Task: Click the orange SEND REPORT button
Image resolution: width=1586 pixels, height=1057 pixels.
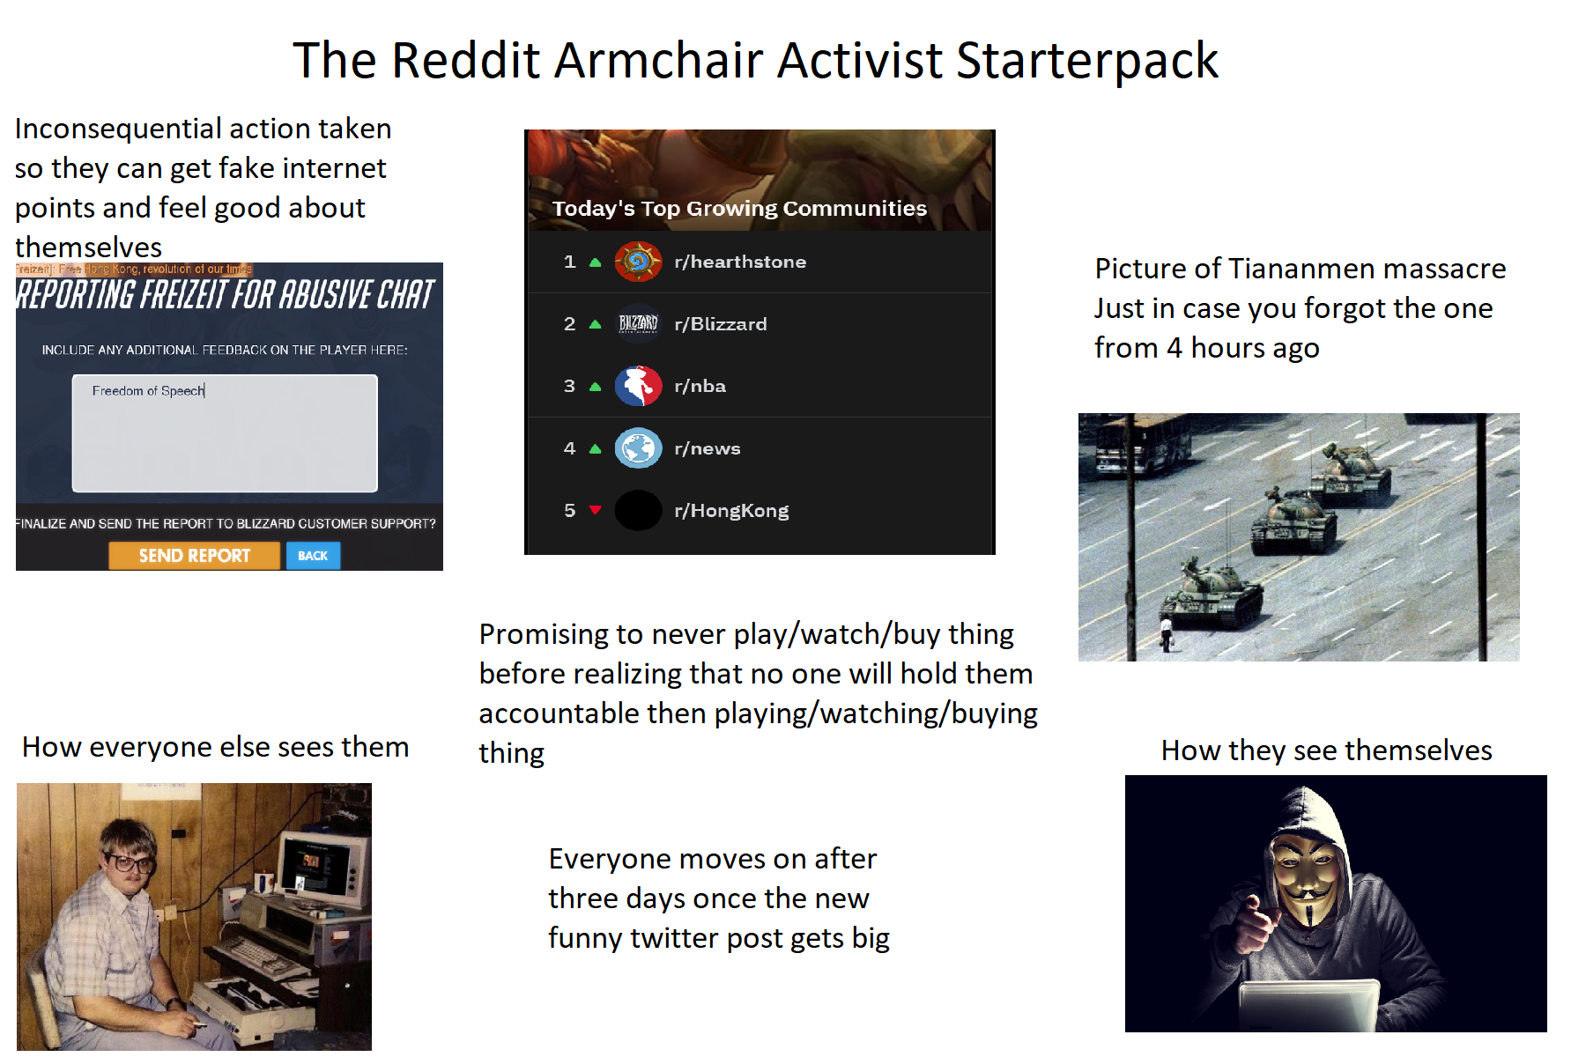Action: pos(194,556)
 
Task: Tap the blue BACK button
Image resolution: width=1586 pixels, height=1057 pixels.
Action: pos(313,556)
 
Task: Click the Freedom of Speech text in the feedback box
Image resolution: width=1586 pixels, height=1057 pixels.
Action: pos(148,391)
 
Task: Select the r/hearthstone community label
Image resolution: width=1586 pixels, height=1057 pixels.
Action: pos(740,262)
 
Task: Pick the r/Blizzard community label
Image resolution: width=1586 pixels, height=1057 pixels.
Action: pos(720,324)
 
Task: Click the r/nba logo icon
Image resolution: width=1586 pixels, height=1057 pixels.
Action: pos(638,386)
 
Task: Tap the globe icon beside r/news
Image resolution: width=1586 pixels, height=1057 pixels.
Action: pos(638,448)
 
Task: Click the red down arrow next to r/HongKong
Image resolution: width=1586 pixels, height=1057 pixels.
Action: pos(596,510)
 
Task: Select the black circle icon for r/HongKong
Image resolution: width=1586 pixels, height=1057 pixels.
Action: pos(638,511)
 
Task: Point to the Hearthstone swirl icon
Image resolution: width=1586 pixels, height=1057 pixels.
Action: pos(638,262)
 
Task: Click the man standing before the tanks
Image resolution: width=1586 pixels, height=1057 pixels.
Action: pos(1166,632)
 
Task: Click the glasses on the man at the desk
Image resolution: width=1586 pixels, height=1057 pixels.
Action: pos(130,862)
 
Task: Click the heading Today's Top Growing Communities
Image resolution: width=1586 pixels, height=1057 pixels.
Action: pos(739,209)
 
